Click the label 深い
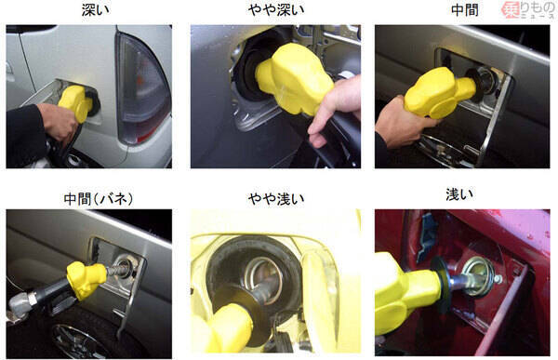coord(96,9)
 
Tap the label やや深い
coord(276,9)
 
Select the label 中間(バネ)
coord(99,198)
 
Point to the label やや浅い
coord(276,198)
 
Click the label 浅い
coord(459,194)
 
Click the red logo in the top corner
coord(529,9)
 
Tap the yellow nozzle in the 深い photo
coord(76,103)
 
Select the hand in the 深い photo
coord(58,122)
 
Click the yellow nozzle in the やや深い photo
coord(294,79)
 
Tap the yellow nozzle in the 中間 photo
coord(439,93)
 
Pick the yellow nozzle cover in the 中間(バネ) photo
coord(86,279)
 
